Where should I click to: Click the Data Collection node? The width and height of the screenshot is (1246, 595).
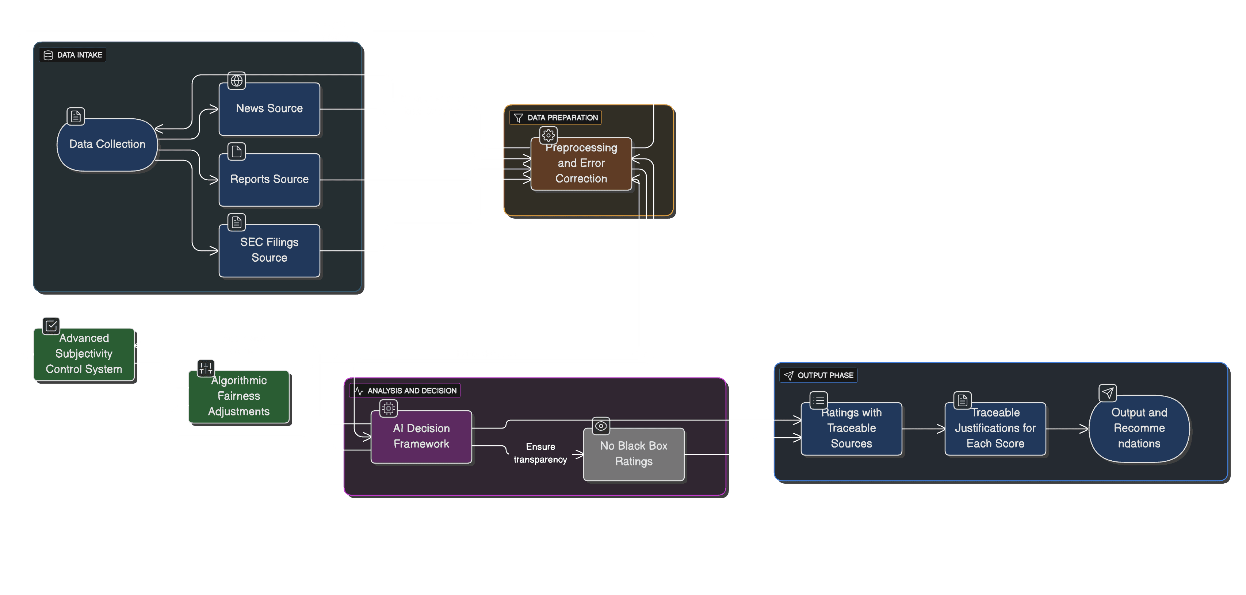pos(107,145)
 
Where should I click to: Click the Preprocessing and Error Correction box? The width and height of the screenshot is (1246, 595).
pos(581,164)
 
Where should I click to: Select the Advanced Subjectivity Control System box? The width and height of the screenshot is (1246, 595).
pos(84,354)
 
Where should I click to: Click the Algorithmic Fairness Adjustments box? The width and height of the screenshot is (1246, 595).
pos(238,396)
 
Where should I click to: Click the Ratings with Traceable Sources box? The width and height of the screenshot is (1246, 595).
pos(851,428)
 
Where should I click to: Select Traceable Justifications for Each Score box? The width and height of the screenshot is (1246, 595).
pos(995,428)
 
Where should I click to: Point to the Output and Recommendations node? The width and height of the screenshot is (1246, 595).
pos(1139,428)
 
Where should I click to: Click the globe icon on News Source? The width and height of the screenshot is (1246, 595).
pos(237,80)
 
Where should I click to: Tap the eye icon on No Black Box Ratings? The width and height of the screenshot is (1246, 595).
pos(601,426)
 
